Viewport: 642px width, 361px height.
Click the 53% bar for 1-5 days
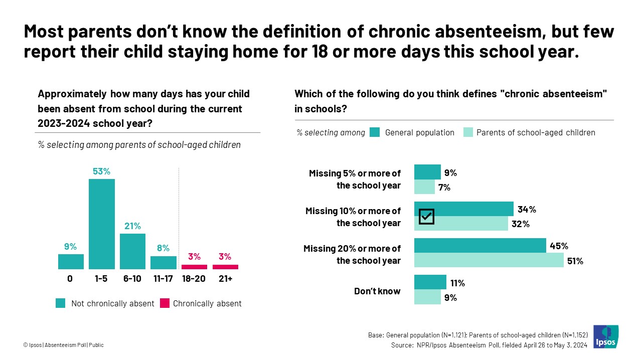coord(102,224)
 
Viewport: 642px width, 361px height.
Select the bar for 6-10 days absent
coord(132,251)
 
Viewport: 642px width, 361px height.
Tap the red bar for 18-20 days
coord(194,267)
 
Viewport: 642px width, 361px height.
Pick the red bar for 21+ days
coord(225,267)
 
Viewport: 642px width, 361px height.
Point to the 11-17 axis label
coord(163,279)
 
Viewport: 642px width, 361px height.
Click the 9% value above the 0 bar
coord(70,247)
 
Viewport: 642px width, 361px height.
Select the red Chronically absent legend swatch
coord(164,303)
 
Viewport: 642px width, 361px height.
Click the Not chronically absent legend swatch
coord(61,303)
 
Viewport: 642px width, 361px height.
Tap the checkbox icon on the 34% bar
coord(426,217)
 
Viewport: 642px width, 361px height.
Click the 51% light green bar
coord(489,260)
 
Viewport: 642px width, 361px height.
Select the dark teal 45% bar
coord(480,246)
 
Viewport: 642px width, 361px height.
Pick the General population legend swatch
coord(374,132)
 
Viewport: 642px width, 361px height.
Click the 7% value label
coord(444,188)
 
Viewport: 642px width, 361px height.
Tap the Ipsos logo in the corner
coord(606,336)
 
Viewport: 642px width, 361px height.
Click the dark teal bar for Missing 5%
coord(427,172)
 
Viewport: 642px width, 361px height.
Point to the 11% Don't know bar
coord(430,282)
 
